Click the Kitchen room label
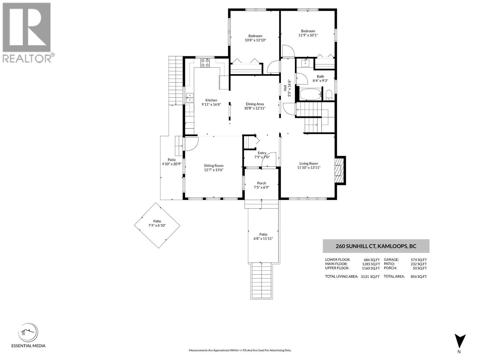[211, 100]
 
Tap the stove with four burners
[205, 63]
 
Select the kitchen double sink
[190, 98]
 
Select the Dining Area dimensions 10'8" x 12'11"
[255, 108]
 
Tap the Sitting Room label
[214, 166]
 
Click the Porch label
[261, 183]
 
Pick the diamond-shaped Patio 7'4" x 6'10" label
[157, 221]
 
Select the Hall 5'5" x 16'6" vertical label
[287, 88]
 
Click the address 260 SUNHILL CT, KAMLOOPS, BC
[376, 246]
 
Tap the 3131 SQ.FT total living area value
[370, 277]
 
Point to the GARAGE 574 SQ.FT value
[418, 260]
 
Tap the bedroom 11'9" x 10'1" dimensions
[308, 35]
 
